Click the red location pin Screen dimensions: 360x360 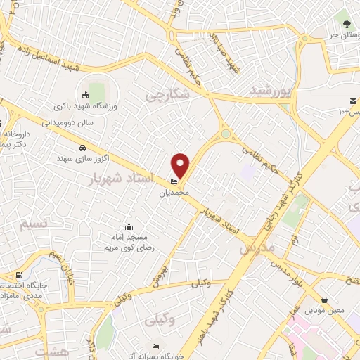(181, 165)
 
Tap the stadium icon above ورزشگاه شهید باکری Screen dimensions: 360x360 (85, 95)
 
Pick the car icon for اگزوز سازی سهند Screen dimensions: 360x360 (83, 148)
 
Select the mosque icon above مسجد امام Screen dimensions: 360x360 (128, 226)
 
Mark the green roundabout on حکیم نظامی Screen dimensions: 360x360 (225, 134)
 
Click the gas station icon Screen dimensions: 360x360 (18, 275)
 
